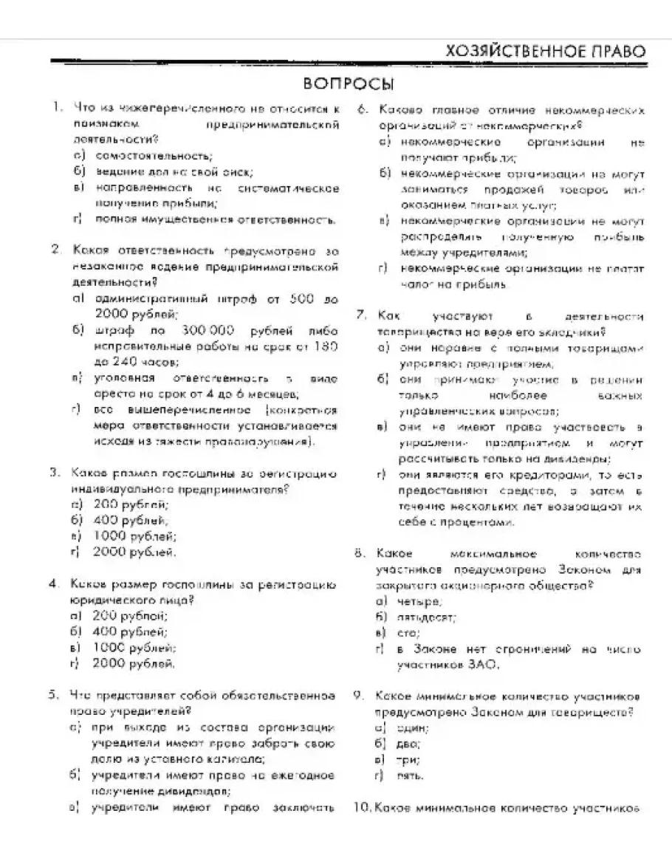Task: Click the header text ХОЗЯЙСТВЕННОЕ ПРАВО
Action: click(x=546, y=51)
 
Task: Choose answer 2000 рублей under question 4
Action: click(x=133, y=663)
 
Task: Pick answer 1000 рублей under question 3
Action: click(x=134, y=536)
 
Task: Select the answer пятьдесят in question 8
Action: click(x=426, y=617)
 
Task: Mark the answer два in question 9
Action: click(x=408, y=744)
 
